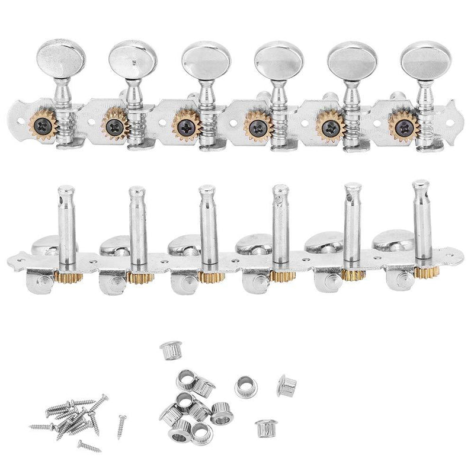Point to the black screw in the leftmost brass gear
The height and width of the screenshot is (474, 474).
click(43, 123)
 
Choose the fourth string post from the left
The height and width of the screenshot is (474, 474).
click(278, 222)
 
